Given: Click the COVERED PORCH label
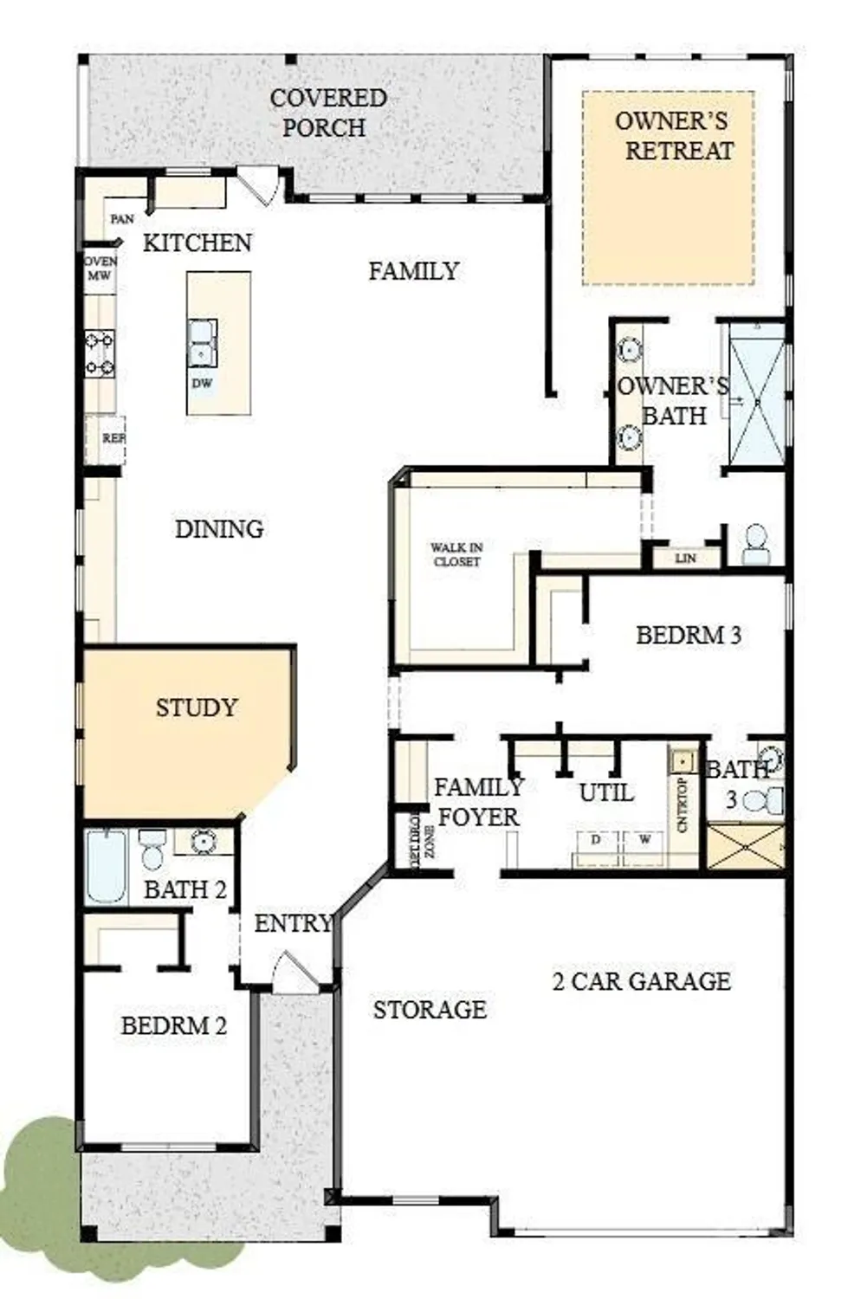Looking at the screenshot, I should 327,113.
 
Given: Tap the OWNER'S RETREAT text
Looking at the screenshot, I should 673,135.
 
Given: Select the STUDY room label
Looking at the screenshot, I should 196,708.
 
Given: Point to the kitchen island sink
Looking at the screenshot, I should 202,343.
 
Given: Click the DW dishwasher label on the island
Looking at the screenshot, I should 202,383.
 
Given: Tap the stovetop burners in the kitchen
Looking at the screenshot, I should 100,353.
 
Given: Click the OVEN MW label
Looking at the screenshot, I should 100,268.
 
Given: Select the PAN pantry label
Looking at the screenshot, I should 122,219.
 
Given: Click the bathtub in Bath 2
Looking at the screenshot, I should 106,866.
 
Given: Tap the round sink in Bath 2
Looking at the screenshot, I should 204,841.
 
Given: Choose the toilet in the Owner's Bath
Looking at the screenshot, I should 755,545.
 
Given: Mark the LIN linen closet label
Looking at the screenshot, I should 685,559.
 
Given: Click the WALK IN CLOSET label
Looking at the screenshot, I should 456,554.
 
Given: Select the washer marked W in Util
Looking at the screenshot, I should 644,840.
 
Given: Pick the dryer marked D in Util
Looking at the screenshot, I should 596,840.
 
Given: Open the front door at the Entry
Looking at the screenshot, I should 294,972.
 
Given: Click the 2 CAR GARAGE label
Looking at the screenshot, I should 641,981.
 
